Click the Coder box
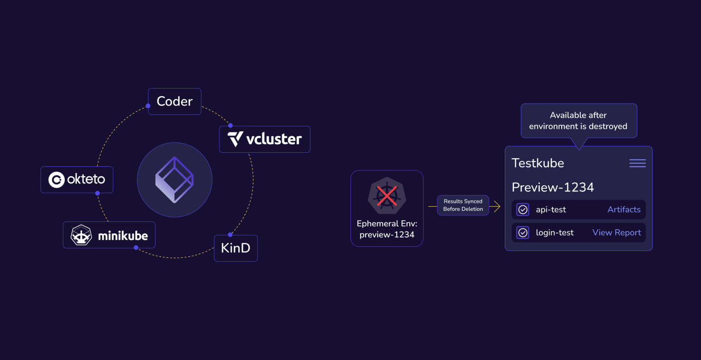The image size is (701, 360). pyautogui.click(x=174, y=101)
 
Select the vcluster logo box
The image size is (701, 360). pyautogui.click(x=264, y=139)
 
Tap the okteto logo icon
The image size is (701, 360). pyautogui.click(x=56, y=180)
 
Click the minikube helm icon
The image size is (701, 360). pyautogui.click(x=81, y=235)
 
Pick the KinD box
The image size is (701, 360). pyautogui.click(x=236, y=248)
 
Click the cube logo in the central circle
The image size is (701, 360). pyautogui.click(x=174, y=180)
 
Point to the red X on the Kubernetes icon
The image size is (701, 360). pyautogui.click(x=387, y=196)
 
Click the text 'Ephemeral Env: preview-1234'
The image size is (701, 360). pyautogui.click(x=387, y=229)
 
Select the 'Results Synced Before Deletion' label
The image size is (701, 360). pyautogui.click(x=462, y=205)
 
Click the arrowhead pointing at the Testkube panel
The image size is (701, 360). pyautogui.click(x=497, y=207)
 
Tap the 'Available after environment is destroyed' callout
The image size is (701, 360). pyautogui.click(x=578, y=121)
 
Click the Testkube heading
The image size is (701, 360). pyautogui.click(x=537, y=163)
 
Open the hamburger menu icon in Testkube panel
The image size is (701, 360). pyautogui.click(x=637, y=163)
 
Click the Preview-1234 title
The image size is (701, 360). pyautogui.click(x=553, y=187)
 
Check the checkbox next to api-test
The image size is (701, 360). pyautogui.click(x=523, y=210)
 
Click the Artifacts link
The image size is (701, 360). pyautogui.click(x=624, y=210)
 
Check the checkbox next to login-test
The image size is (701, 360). pyautogui.click(x=523, y=233)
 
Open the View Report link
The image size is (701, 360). pyautogui.click(x=616, y=233)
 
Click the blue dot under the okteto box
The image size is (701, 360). pyautogui.click(x=97, y=193)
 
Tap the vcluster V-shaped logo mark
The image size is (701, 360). pyautogui.click(x=236, y=139)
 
